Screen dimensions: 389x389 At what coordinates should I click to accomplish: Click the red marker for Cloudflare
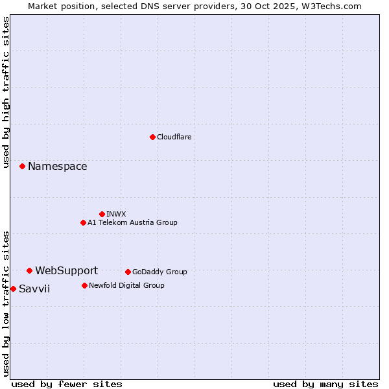pyautogui.click(x=152, y=137)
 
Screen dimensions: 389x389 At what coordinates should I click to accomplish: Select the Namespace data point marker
pyautogui.click(x=22, y=167)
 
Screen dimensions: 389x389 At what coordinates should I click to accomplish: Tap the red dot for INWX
pyautogui.click(x=102, y=214)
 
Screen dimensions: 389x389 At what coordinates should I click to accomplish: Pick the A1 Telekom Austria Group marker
pyautogui.click(x=83, y=222)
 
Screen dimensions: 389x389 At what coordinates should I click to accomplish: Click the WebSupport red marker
pyautogui.click(x=29, y=270)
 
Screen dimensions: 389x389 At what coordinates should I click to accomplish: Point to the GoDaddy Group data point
pyautogui.click(x=128, y=272)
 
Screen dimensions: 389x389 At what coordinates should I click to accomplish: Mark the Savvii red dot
pyautogui.click(x=13, y=289)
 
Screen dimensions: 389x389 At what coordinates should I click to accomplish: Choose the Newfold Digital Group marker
pyautogui.click(x=84, y=285)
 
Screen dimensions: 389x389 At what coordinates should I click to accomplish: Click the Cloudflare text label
pyautogui.click(x=174, y=137)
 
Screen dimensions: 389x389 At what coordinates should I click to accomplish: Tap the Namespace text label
pyautogui.click(x=57, y=167)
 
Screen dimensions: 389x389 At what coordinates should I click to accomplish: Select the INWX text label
pyautogui.click(x=116, y=214)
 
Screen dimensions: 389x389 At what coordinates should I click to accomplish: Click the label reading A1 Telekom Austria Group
pyautogui.click(x=132, y=222)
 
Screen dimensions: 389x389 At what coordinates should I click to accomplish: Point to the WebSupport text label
pyautogui.click(x=66, y=270)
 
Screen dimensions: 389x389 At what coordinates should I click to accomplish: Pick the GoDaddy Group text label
pyautogui.click(x=159, y=272)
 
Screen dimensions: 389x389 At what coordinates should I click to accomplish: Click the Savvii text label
pyautogui.click(x=34, y=289)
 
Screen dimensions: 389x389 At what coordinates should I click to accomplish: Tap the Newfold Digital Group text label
pyautogui.click(x=126, y=285)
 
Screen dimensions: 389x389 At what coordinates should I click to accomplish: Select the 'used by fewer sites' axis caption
pyautogui.click(x=67, y=384)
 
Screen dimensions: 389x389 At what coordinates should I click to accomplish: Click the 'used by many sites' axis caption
pyautogui.click(x=325, y=384)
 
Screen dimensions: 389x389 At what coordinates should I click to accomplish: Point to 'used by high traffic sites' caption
pyautogui.click(x=6, y=92)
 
